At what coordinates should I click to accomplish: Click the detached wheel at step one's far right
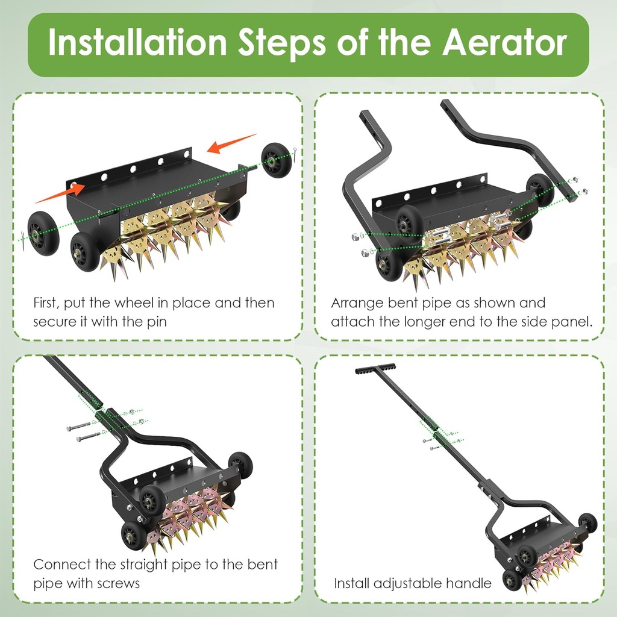tap(277, 160)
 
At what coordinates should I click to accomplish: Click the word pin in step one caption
tap(155, 322)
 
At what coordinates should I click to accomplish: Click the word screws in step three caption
tap(119, 583)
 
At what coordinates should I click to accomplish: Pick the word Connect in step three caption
tap(60, 565)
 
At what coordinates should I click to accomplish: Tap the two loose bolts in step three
tap(83, 431)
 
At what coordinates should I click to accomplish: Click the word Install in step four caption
tap(352, 583)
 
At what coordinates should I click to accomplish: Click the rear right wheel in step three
tap(240, 465)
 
